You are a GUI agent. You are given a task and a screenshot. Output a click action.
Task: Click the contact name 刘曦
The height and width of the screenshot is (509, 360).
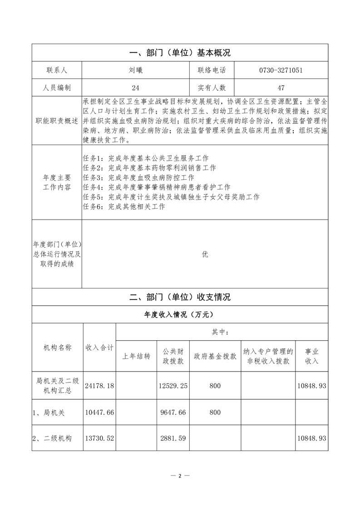click(x=135, y=70)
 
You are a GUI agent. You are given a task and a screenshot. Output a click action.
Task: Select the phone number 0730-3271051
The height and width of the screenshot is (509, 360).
click(x=281, y=70)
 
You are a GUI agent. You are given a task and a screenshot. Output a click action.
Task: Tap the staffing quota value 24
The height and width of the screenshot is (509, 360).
click(x=135, y=88)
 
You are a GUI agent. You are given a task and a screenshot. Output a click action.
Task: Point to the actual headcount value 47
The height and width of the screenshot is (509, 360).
click(x=281, y=88)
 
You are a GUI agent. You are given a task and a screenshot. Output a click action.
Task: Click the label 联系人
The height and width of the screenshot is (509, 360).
click(x=57, y=70)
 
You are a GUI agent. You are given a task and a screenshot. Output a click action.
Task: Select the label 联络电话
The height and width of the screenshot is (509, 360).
click(x=212, y=70)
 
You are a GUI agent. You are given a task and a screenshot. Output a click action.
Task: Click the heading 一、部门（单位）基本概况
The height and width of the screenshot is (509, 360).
click(x=180, y=53)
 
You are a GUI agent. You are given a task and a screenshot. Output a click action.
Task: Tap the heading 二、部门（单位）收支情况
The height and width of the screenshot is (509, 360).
click(x=180, y=297)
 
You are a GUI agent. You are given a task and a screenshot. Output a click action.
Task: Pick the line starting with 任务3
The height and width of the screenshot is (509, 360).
click(x=139, y=177)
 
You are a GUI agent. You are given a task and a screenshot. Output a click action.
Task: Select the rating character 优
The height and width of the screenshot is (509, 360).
click(x=205, y=254)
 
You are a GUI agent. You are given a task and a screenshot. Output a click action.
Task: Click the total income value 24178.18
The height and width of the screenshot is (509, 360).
click(x=99, y=386)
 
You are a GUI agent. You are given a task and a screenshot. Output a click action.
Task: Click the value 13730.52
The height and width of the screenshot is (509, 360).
click(x=99, y=439)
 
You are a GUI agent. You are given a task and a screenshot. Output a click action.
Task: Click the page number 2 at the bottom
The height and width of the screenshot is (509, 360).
click(x=180, y=476)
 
